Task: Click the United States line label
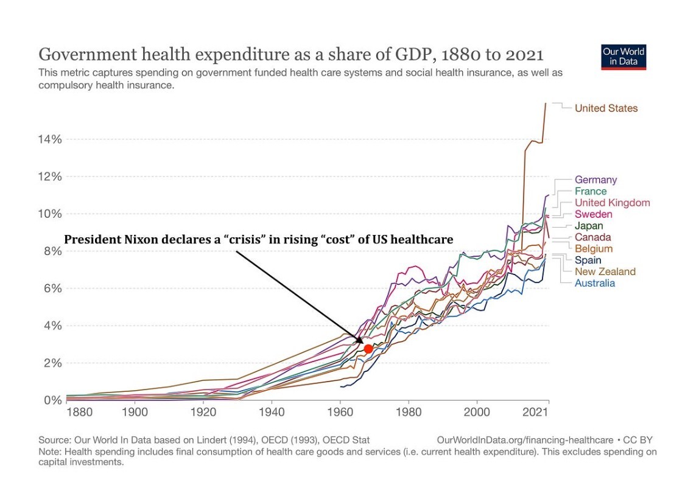point(606,108)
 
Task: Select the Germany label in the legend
point(595,180)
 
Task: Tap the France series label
point(591,191)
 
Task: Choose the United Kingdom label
point(612,203)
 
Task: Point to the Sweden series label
point(593,214)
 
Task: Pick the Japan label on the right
point(589,226)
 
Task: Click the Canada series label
point(592,237)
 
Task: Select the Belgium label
point(594,249)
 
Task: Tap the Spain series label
point(588,260)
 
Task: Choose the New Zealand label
point(605,271)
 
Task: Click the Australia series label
point(595,283)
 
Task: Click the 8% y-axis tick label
point(51,251)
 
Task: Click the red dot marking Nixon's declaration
point(368,349)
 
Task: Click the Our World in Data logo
point(624,57)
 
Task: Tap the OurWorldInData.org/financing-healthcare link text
point(524,440)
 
